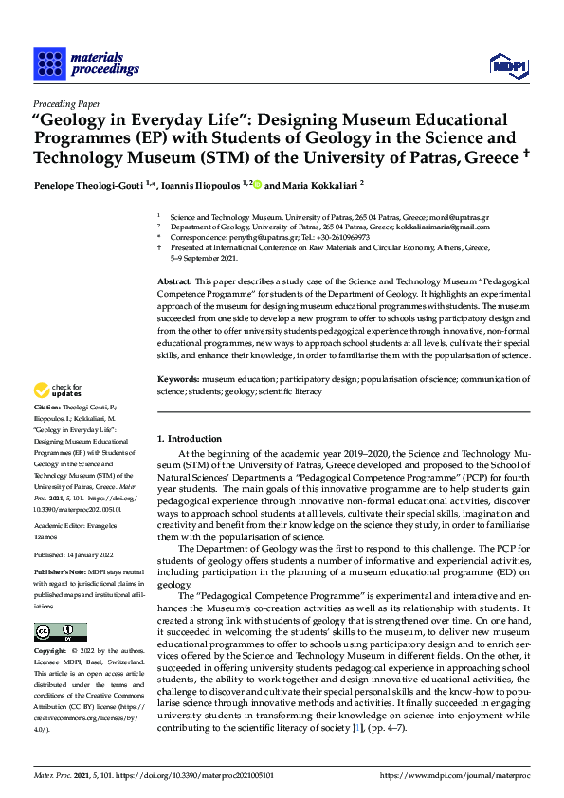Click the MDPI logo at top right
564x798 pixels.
507,64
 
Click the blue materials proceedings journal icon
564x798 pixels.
47,63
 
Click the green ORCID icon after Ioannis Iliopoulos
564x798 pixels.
257,185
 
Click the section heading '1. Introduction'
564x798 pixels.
190,439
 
